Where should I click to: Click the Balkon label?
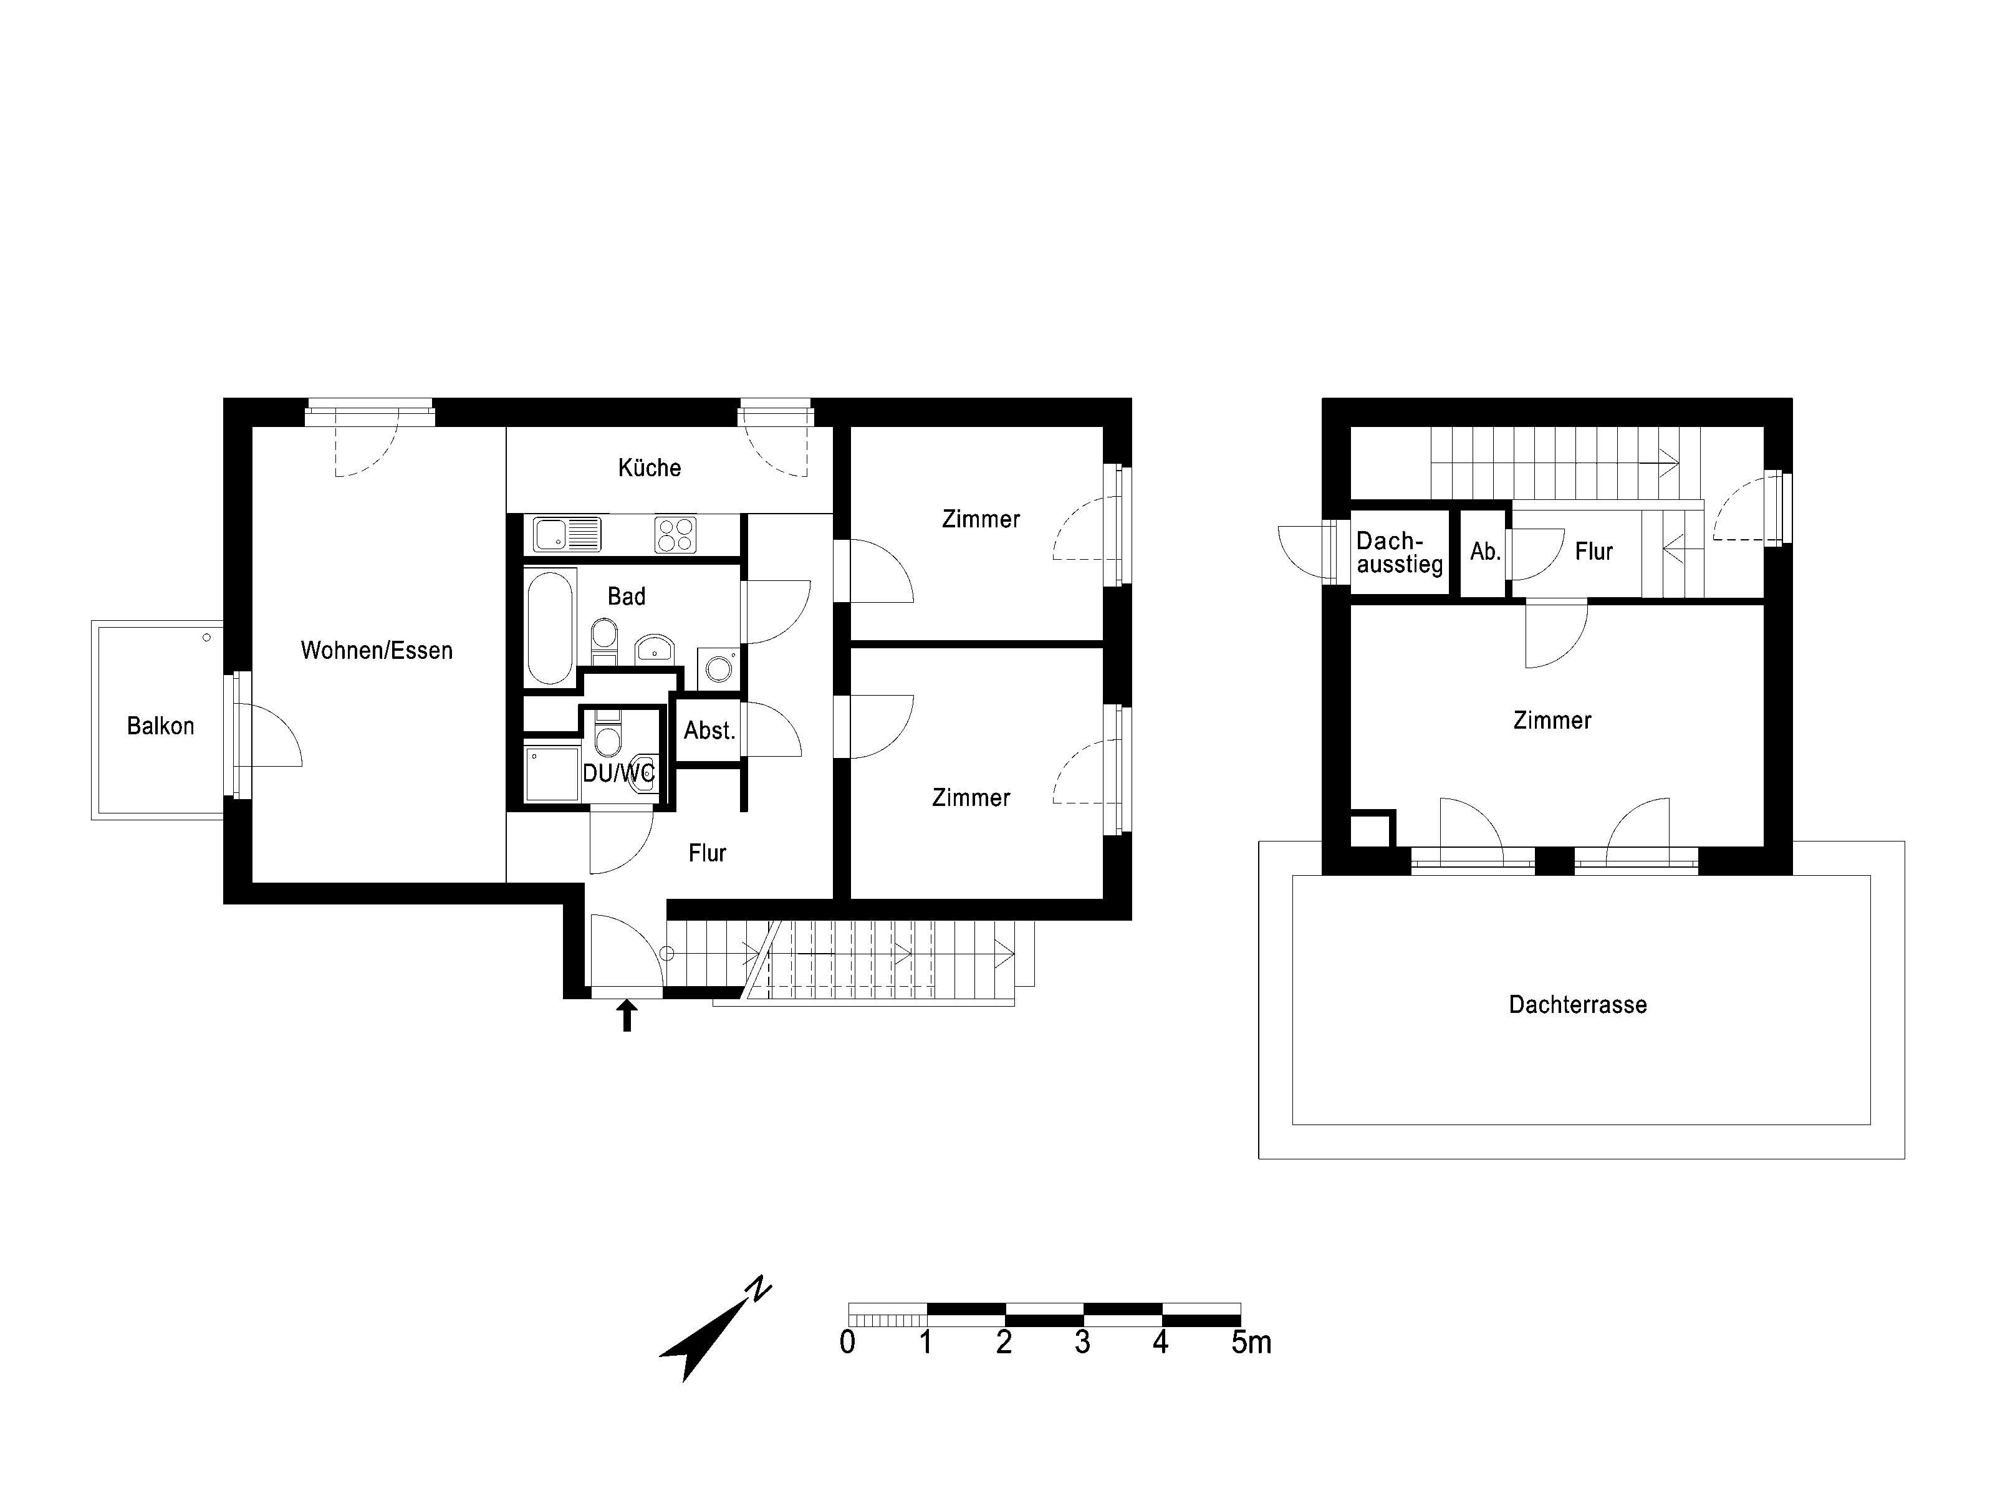[x=161, y=726]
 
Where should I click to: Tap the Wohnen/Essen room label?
[x=377, y=650]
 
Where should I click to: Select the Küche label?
[x=650, y=467]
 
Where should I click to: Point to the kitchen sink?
[x=566, y=534]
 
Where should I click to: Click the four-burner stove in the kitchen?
[x=676, y=534]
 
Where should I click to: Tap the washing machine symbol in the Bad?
[x=719, y=668]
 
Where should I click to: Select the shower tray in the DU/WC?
[x=552, y=774]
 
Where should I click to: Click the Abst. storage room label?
[x=710, y=731]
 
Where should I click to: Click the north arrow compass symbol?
[x=715, y=1328]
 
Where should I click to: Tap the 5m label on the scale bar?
[x=1251, y=1342]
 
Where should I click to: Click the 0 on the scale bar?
[x=847, y=1342]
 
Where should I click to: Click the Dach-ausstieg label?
[x=1400, y=553]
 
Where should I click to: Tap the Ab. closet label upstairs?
[x=1486, y=552]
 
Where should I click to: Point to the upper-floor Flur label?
[x=1594, y=551]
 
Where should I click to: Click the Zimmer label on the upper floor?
[x=1552, y=719]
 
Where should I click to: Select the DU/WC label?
[x=618, y=773]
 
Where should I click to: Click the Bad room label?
[x=626, y=596]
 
